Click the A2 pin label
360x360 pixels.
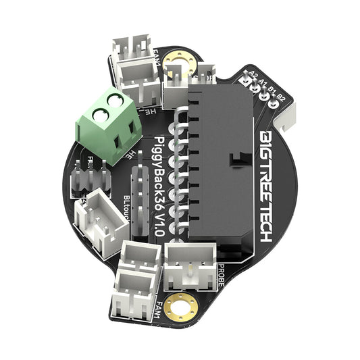pyautogui.click(x=253, y=75)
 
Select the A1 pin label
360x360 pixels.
pyautogui.click(x=262, y=80)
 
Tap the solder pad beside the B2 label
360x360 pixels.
pyautogui.click(x=276, y=105)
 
